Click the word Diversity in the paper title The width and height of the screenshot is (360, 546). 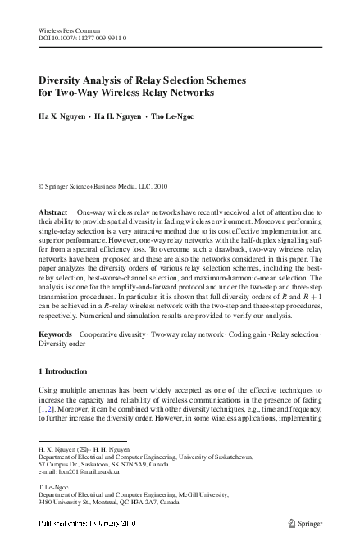66,81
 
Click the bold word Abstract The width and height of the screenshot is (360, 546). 53,212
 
